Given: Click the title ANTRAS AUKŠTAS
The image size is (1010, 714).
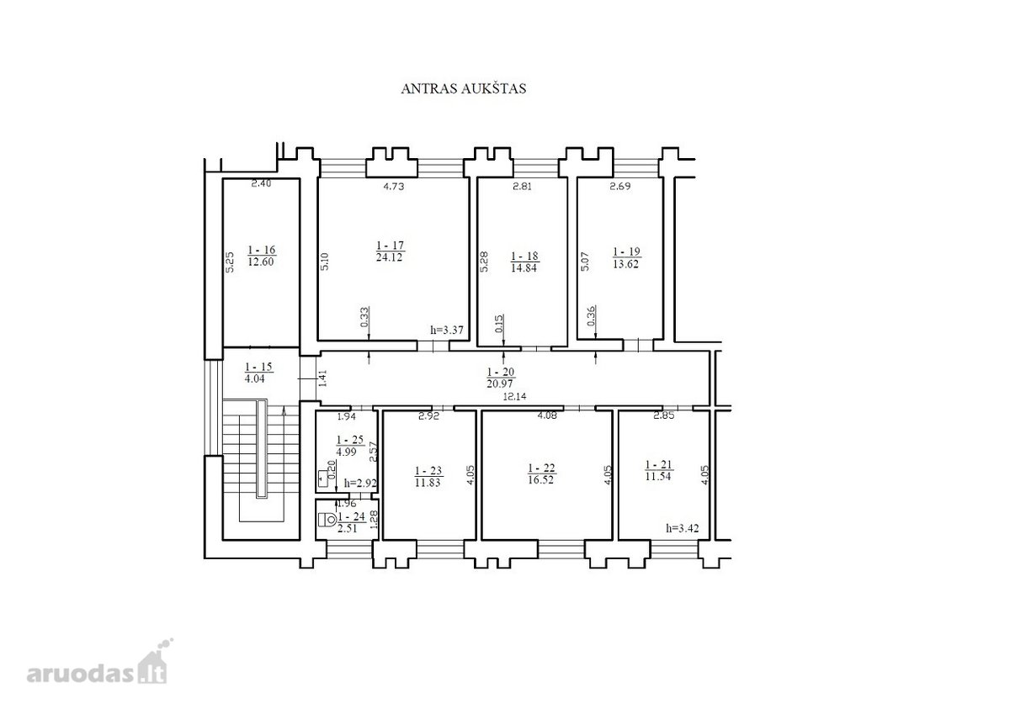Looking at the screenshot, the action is tap(464, 88).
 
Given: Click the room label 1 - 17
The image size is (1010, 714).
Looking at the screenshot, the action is tap(390, 246).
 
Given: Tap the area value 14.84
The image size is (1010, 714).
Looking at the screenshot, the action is tap(524, 268).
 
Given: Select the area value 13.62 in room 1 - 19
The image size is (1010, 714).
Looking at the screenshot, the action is tap(626, 264).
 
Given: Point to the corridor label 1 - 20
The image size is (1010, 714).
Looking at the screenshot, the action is tap(501, 372).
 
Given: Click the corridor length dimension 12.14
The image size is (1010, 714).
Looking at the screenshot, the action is tap(514, 397).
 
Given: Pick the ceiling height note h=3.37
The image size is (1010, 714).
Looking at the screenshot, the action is tap(447, 330).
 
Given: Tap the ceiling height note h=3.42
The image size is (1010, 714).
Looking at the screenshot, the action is tap(683, 528).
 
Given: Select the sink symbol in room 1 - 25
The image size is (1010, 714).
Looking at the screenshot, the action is tap(323, 479).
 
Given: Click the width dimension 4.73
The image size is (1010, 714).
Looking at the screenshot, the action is tap(394, 186).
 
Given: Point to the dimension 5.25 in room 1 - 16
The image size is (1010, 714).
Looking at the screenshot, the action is tap(230, 262).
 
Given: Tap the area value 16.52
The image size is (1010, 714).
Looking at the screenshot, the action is tap(541, 479).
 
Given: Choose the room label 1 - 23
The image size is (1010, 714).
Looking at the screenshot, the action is tap(428, 471).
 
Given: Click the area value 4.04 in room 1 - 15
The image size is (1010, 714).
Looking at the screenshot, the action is tap(255, 378).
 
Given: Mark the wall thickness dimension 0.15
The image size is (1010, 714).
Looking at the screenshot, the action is tap(498, 324).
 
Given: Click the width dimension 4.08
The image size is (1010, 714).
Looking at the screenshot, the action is tap(547, 415).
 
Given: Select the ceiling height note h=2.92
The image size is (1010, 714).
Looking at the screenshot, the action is tap(360, 484).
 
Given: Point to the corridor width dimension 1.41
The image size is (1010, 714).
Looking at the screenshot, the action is tap(322, 378).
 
